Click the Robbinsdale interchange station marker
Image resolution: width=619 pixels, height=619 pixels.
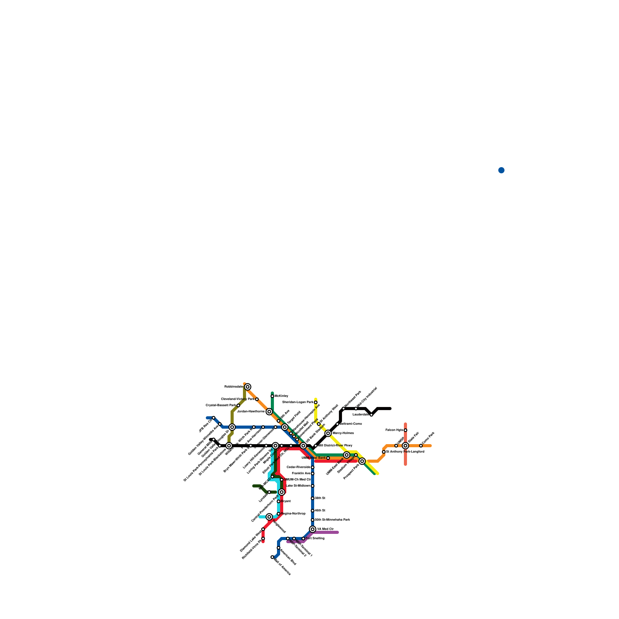[248, 387]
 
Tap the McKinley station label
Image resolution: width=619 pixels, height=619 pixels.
[281, 396]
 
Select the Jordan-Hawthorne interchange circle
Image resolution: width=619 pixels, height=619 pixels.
[269, 412]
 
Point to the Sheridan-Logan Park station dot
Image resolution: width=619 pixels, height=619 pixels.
[316, 402]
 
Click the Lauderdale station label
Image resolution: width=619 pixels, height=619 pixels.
[360, 414]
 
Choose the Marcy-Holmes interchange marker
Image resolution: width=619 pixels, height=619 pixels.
[328, 433]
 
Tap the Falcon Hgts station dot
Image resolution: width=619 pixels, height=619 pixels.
[405, 430]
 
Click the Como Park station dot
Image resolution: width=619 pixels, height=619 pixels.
[421, 446]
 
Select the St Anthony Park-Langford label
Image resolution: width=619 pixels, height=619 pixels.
[405, 451]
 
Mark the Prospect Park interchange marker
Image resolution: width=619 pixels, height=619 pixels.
[362, 461]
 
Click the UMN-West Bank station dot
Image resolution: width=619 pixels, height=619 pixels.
[328, 458]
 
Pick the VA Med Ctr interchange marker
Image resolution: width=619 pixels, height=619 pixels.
[313, 529]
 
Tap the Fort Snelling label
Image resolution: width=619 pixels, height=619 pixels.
[315, 538]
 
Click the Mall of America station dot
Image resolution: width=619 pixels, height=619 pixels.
[272, 557]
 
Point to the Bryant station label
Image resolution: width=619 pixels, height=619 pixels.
[286, 501]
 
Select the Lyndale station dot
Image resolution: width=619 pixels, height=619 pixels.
[269, 492]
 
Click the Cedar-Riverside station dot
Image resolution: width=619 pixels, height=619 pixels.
[313, 467]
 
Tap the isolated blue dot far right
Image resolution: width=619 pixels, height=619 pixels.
[501, 170]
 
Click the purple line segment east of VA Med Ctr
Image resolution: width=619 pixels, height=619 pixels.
[327, 532]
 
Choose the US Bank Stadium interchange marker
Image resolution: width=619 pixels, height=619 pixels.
[303, 446]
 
